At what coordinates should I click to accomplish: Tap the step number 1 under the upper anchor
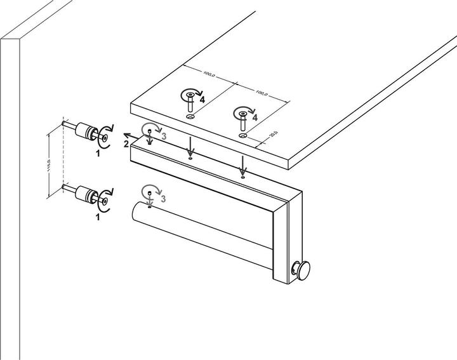(x=98, y=153)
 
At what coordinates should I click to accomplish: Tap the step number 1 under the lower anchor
(x=98, y=217)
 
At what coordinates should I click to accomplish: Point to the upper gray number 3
(x=163, y=136)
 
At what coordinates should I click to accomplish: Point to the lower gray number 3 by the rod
(x=163, y=199)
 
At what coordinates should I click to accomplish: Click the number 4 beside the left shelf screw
(x=202, y=100)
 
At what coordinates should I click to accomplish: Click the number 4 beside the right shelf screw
(x=255, y=118)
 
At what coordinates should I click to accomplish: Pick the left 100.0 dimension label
(x=208, y=75)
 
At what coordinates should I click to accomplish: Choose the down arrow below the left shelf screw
(x=189, y=150)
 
